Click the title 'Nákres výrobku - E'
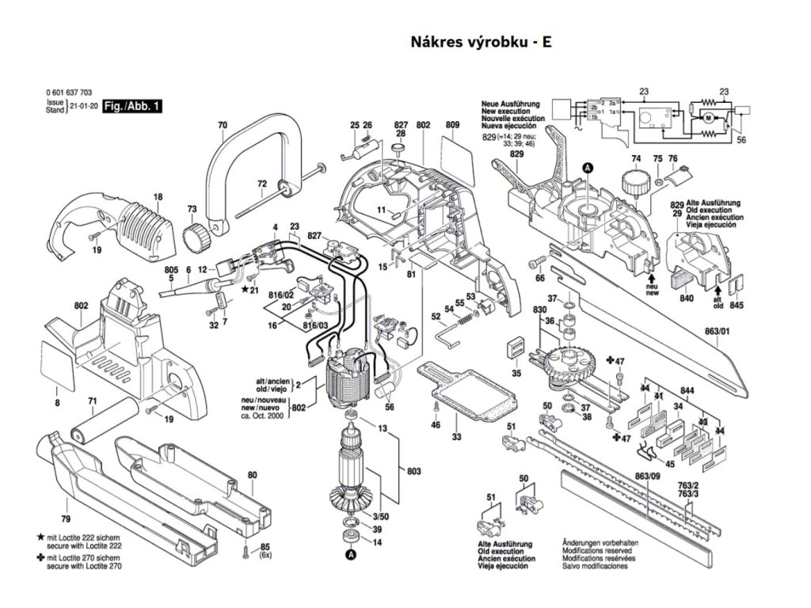click(480, 42)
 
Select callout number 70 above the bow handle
click(222, 125)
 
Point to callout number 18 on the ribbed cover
click(158, 196)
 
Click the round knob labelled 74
click(631, 188)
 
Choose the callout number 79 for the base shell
click(66, 519)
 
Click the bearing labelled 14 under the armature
click(348, 541)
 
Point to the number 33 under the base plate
click(457, 437)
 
